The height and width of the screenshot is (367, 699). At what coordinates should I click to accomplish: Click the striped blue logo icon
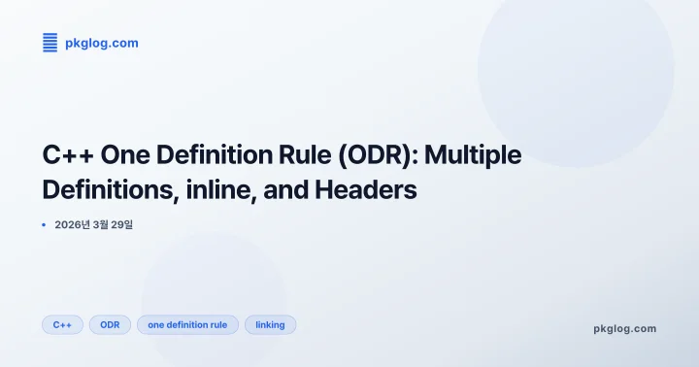(50, 42)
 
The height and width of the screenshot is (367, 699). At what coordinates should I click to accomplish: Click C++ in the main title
(66, 155)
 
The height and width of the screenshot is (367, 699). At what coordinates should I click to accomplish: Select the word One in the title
(123, 155)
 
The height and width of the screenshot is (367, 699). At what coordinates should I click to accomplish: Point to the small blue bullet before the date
(44, 225)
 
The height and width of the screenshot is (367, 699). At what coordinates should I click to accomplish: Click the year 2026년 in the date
(72, 225)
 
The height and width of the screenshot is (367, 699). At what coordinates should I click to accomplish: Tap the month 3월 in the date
(101, 225)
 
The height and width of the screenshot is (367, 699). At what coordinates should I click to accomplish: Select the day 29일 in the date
(123, 225)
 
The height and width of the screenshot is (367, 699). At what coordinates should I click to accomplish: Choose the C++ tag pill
(62, 325)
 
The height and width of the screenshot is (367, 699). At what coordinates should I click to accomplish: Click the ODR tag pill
(110, 325)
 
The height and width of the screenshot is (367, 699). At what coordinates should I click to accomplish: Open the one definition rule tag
(187, 325)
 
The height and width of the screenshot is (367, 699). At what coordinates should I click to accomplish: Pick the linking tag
(270, 325)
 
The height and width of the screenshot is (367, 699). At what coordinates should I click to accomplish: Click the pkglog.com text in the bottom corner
(624, 328)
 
